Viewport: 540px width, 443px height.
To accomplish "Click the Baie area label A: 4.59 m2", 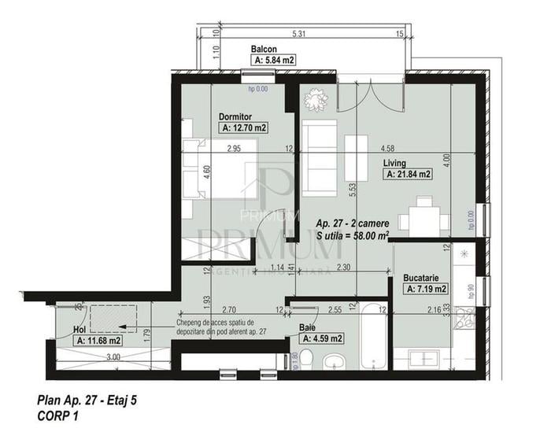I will point(321,339).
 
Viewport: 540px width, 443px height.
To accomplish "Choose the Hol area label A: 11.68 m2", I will point(98,341).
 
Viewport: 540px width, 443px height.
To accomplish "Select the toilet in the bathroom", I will point(310,360).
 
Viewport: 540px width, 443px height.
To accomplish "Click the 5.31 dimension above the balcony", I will point(298,34).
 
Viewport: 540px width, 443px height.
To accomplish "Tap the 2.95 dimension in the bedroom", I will point(233,148).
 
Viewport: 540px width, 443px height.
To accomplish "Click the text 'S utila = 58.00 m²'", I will point(352,234).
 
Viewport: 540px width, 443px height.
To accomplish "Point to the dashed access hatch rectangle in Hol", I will point(113,318).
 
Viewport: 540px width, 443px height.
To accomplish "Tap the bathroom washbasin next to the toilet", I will point(336,362).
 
